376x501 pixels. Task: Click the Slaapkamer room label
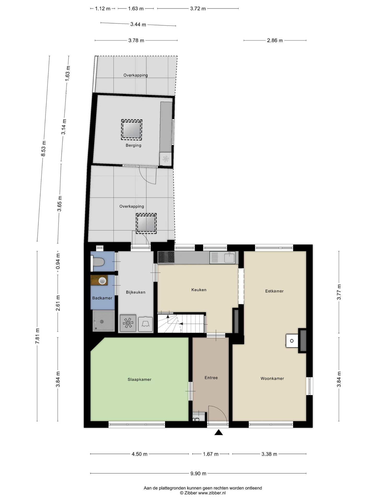139,379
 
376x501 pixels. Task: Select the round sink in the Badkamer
102,281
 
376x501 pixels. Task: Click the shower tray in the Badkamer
104,321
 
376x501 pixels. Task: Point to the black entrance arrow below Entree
219,433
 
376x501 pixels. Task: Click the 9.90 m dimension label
198,473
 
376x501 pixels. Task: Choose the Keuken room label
199,290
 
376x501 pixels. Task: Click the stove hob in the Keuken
166,257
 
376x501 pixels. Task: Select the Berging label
133,145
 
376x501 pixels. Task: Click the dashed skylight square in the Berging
132,129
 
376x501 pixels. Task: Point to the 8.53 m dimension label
44,148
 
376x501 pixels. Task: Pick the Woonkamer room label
272,378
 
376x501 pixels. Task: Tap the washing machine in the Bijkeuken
128,323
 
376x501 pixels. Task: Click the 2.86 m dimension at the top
275,40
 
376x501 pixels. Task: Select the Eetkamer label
274,291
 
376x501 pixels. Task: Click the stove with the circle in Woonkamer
292,341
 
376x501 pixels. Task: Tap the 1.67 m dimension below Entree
210,454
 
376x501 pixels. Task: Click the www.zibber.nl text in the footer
212,493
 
